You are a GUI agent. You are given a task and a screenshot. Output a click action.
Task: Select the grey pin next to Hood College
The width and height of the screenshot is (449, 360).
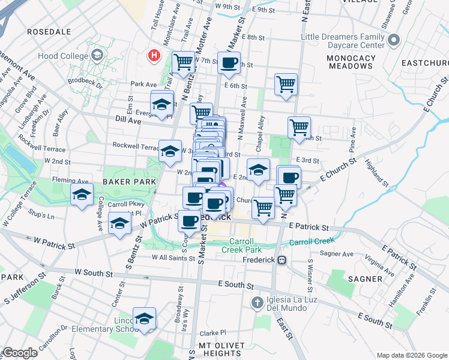click(x=97, y=56)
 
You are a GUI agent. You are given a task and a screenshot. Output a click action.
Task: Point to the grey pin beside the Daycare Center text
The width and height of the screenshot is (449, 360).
click(x=394, y=41)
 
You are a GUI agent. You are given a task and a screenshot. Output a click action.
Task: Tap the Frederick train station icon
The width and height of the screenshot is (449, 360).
click(x=281, y=260)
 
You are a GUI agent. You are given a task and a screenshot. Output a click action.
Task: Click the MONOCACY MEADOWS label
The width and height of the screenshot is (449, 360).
click(x=351, y=62)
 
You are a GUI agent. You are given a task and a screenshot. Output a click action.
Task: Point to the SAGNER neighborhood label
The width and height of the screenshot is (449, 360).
click(x=364, y=279)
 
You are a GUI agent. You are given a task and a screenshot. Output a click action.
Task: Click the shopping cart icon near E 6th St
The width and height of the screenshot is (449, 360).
click(x=286, y=84)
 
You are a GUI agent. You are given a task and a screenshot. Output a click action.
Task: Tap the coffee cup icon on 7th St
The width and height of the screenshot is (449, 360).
click(x=228, y=63)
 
